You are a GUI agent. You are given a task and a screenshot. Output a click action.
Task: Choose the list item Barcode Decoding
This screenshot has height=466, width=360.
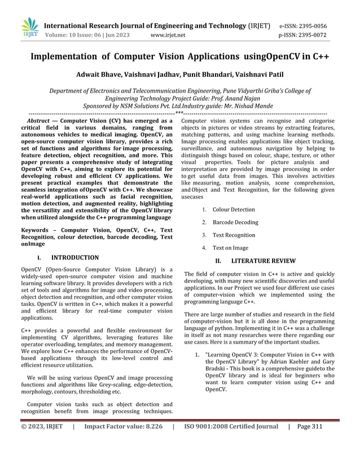235,222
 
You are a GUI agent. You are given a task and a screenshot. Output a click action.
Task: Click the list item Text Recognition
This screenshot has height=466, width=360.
234,235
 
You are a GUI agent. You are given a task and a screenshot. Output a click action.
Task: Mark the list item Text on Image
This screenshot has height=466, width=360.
230,248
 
